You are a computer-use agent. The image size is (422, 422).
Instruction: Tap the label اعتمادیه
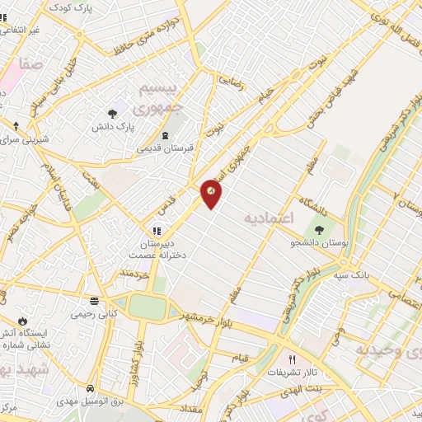tap(270, 218)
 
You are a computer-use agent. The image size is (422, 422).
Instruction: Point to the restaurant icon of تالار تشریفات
tap(292, 359)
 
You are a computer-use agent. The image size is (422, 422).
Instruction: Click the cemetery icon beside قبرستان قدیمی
tap(165, 135)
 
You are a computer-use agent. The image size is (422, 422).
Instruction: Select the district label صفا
tap(32, 63)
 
